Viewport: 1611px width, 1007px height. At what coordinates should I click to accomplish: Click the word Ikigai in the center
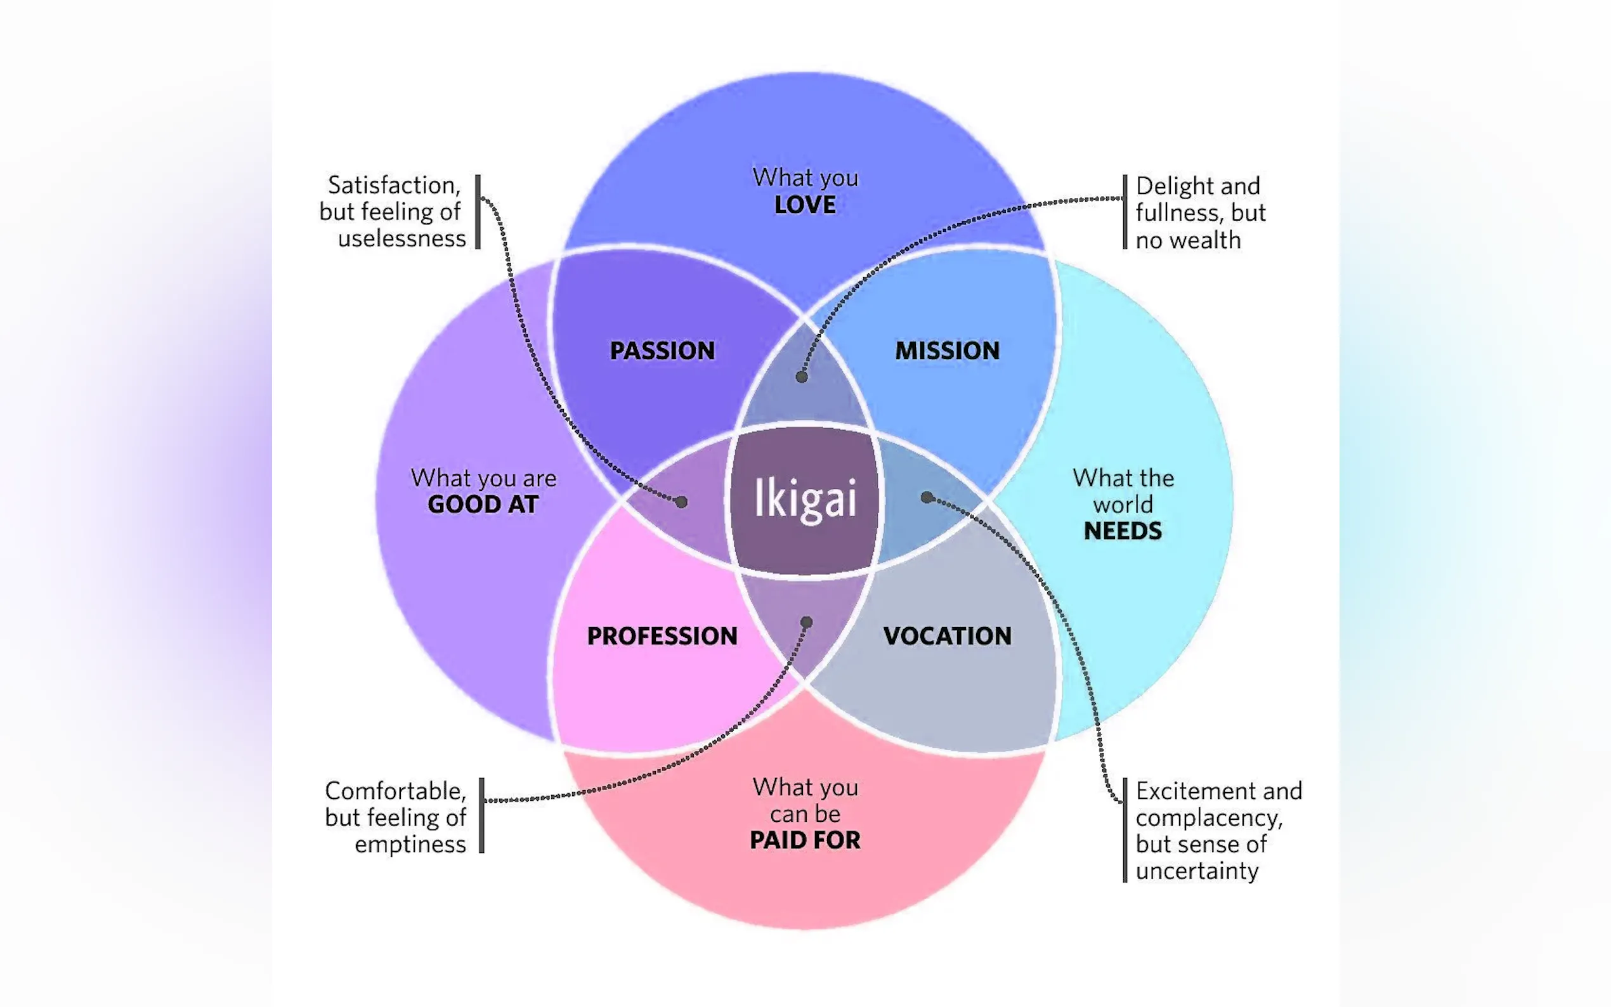click(x=804, y=498)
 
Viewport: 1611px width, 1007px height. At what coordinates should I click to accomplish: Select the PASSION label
click(x=662, y=350)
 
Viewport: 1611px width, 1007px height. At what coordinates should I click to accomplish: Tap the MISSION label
click(x=947, y=350)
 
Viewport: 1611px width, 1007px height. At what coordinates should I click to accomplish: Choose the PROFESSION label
click(x=662, y=636)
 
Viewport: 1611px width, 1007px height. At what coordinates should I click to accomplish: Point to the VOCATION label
click(x=947, y=636)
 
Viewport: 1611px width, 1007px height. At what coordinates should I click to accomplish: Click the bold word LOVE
click(x=804, y=205)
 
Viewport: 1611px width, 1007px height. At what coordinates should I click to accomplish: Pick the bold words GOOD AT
click(x=483, y=505)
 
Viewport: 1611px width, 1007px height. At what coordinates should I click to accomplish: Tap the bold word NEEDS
click(x=1122, y=531)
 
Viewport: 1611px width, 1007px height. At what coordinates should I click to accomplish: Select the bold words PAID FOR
click(x=804, y=840)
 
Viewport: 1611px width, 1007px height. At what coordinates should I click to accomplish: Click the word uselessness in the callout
click(x=401, y=238)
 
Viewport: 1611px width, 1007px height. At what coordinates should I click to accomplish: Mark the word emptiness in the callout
click(x=410, y=845)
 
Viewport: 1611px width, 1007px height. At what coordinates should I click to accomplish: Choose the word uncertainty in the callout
click(x=1197, y=871)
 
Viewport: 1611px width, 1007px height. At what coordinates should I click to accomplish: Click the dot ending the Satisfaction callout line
click(x=681, y=502)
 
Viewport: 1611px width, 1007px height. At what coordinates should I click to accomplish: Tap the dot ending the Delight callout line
click(x=802, y=377)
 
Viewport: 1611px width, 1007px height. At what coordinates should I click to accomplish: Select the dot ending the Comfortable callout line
click(x=807, y=623)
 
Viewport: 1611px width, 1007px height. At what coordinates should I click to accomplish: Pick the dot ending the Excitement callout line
click(x=927, y=497)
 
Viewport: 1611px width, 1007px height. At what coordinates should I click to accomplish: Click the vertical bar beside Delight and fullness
click(x=1125, y=212)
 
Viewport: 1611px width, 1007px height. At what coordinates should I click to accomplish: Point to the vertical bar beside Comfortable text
click(x=481, y=815)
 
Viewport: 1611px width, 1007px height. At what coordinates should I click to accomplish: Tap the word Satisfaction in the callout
click(x=393, y=185)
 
